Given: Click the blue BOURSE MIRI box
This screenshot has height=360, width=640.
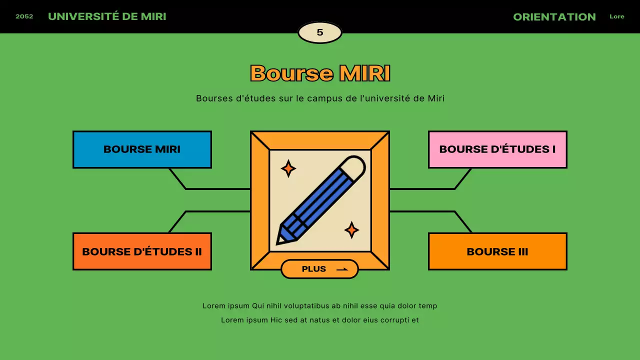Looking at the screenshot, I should (x=142, y=149).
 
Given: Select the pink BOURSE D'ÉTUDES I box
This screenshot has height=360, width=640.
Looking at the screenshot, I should (x=497, y=149).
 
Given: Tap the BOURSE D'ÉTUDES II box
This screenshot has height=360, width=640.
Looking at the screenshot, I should (x=142, y=251).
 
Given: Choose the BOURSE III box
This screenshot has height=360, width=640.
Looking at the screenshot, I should (x=497, y=251).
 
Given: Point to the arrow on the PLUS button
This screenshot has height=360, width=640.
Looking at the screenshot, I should (x=342, y=269).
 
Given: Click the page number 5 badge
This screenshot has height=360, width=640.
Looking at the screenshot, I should (x=320, y=32).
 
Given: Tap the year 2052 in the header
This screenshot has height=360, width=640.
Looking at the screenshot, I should (x=24, y=16).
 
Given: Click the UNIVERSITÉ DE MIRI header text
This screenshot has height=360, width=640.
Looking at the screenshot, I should (x=107, y=16).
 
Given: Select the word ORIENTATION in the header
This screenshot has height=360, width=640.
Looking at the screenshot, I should (x=554, y=17).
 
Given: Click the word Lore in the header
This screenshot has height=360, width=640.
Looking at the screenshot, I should (x=617, y=16).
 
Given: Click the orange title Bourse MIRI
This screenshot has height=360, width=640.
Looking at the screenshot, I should (x=320, y=73).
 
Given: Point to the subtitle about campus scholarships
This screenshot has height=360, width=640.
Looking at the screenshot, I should (x=320, y=98).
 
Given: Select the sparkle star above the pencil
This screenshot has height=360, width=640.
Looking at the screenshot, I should (x=288, y=168).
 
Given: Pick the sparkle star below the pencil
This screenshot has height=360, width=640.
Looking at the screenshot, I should (x=351, y=230).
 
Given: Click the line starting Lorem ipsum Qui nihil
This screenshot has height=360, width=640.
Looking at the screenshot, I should (x=320, y=306).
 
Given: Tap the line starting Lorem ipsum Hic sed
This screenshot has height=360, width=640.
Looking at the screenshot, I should (x=320, y=320).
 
